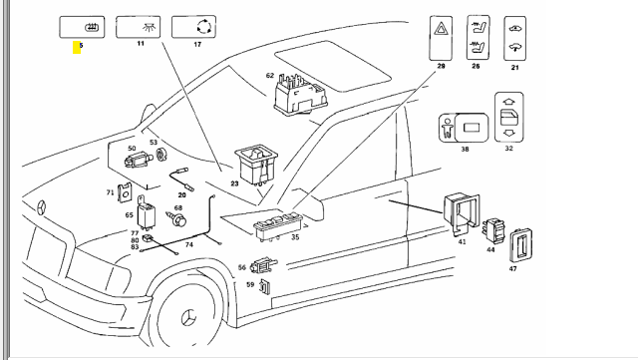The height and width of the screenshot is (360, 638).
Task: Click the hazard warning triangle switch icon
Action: point(441,38)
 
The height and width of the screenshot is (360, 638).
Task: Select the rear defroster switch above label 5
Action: point(82,27)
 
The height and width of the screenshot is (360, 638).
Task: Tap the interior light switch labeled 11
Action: point(139,27)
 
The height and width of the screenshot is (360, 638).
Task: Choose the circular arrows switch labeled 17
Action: point(193,27)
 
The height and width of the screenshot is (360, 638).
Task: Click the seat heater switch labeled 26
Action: point(478,38)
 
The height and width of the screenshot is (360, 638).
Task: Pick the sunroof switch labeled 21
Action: point(515,39)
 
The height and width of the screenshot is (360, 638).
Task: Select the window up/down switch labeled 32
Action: point(509,118)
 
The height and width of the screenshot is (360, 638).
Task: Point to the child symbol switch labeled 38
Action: point(464,128)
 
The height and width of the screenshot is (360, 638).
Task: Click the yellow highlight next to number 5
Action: point(77,47)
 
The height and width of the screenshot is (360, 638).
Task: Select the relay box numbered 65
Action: point(145,213)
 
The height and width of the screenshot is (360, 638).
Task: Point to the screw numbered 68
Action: point(176,219)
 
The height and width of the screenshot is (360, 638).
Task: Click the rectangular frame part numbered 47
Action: point(520,245)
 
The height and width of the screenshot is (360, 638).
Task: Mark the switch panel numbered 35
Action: point(278,226)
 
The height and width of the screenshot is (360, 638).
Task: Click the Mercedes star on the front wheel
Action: point(188,316)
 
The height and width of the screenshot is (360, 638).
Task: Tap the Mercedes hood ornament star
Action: point(41,207)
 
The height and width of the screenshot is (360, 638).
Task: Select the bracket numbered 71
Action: point(125,191)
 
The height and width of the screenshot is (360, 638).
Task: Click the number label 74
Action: point(188,244)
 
